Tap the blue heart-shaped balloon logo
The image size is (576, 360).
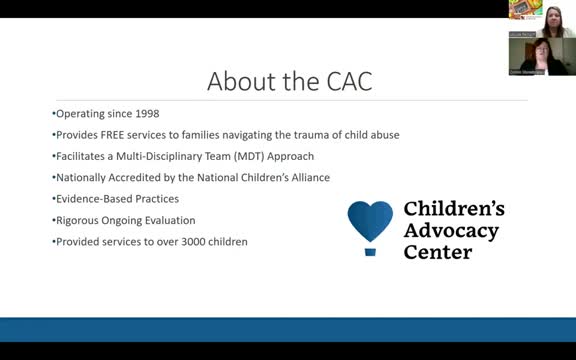click(370, 221)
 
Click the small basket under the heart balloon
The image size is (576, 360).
click(370, 251)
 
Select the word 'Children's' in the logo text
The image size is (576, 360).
click(453, 210)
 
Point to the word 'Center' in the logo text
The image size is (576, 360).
click(437, 252)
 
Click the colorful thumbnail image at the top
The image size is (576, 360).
click(525, 9)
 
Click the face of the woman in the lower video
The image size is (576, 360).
click(528, 53)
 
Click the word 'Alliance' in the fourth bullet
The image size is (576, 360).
click(307, 177)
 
